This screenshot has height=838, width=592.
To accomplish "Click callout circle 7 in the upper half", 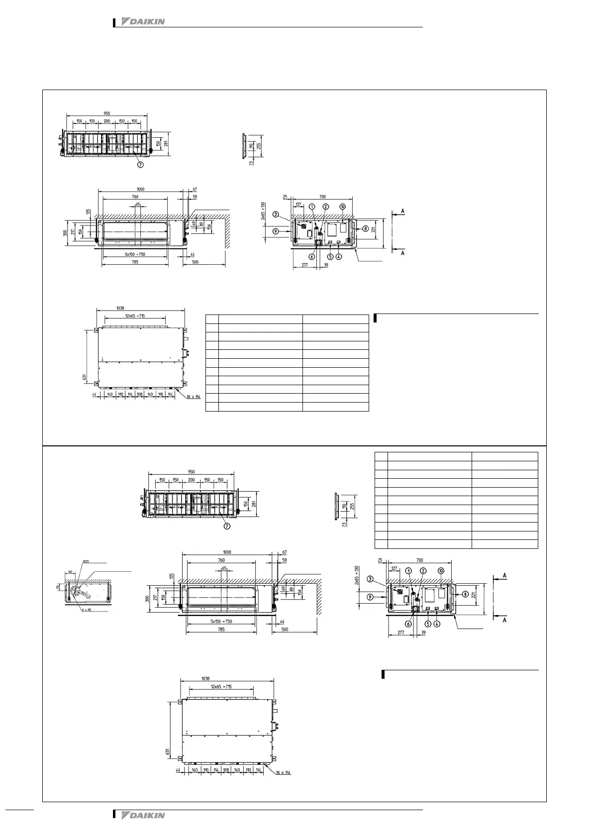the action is pyautogui.click(x=141, y=165).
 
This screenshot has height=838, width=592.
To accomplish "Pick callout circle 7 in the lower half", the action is pyautogui.click(x=227, y=527).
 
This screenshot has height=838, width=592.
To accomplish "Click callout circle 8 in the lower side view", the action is pyautogui.click(x=465, y=594).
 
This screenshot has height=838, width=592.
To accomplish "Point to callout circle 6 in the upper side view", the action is pyautogui.click(x=312, y=257).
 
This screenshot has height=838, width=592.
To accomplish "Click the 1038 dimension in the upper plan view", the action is pyautogui.click(x=120, y=308).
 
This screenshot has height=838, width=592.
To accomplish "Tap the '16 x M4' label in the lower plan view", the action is pyautogui.click(x=283, y=787).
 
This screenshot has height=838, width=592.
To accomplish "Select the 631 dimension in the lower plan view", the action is pyautogui.click(x=168, y=752).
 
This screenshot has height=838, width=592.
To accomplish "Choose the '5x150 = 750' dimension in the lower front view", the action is pyautogui.click(x=221, y=622).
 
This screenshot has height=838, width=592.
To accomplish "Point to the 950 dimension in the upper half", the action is pyautogui.click(x=106, y=113).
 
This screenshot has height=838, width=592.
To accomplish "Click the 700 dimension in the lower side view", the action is pyautogui.click(x=419, y=560).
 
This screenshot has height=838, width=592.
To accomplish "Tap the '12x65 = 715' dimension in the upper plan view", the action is pyautogui.click(x=135, y=316).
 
